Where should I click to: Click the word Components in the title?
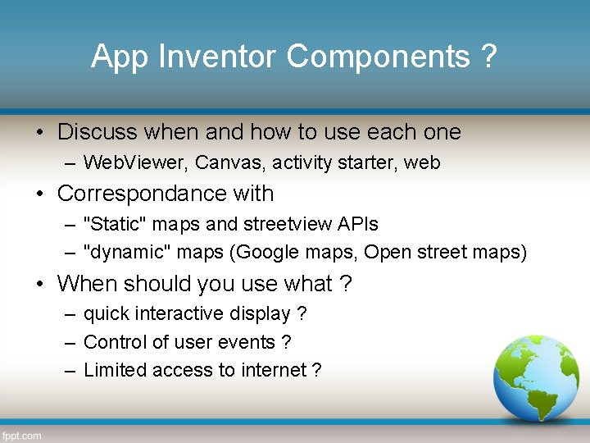(378, 57)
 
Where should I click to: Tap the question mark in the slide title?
(489, 57)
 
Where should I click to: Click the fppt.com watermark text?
(22, 436)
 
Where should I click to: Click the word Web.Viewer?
(136, 163)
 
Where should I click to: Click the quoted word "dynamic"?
(120, 252)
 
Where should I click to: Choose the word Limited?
(116, 370)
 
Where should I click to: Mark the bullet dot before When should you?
(39, 285)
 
